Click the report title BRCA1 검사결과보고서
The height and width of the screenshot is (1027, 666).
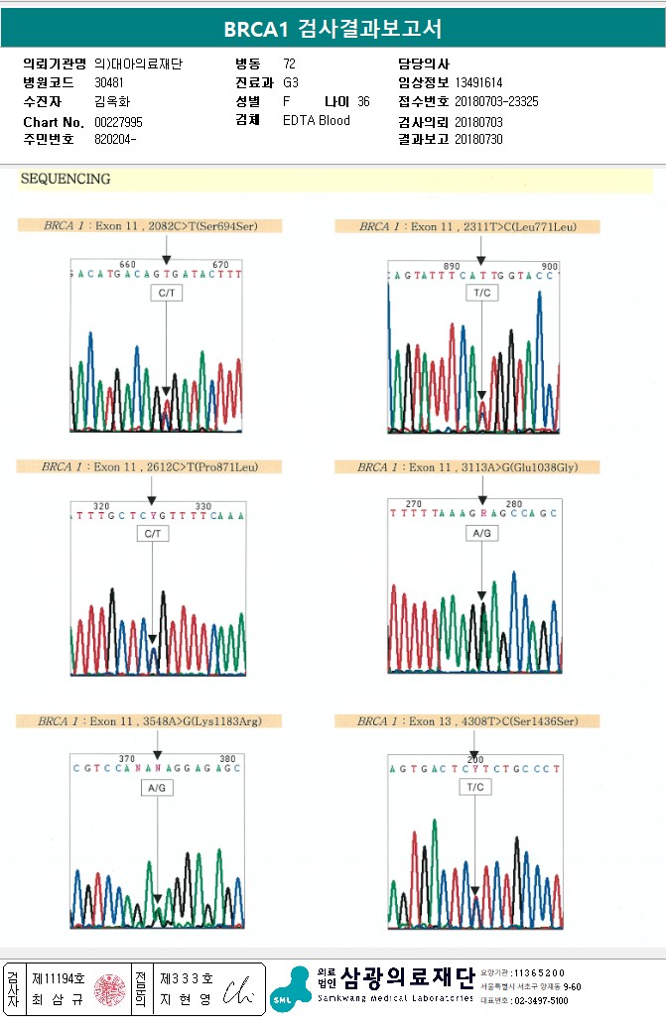click(333, 29)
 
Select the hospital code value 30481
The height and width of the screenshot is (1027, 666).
click(110, 82)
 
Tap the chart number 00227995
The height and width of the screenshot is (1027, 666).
click(119, 121)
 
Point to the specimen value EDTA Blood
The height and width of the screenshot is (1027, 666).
click(317, 121)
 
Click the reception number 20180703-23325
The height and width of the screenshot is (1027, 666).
click(496, 102)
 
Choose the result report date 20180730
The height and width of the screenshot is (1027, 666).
click(478, 139)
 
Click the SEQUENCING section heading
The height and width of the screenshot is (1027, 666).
click(66, 180)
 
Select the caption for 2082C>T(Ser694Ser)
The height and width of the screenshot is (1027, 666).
click(150, 226)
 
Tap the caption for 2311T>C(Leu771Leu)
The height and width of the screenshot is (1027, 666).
click(467, 227)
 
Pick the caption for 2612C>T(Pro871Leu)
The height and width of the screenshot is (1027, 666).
click(149, 466)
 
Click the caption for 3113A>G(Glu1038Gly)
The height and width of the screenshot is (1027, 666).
click(467, 467)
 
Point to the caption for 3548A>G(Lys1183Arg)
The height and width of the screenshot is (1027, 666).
click(149, 721)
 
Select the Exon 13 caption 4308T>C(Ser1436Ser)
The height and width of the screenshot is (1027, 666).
click(467, 721)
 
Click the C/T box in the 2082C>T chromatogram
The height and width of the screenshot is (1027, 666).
click(166, 294)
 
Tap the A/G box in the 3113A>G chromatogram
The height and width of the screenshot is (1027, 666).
click(481, 533)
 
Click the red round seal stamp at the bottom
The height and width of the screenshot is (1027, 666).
click(108, 988)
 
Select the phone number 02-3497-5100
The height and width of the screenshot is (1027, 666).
click(542, 1001)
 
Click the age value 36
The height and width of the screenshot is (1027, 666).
click(363, 102)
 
